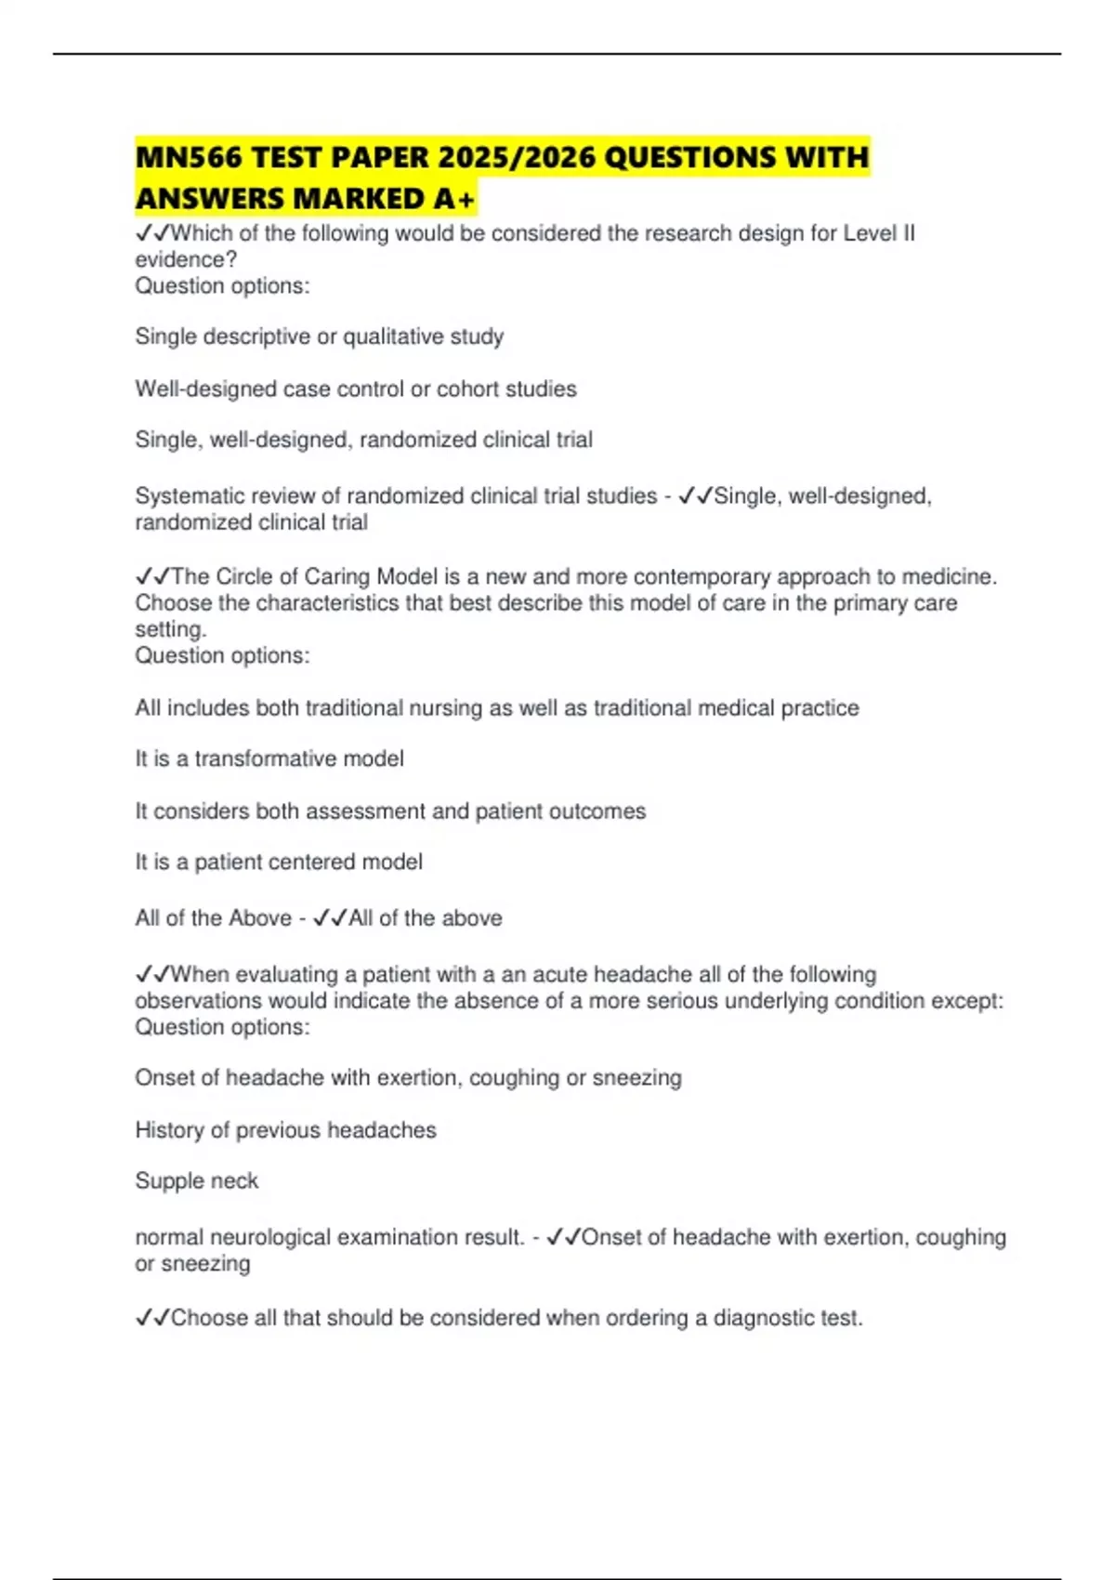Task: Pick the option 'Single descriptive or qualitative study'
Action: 319,336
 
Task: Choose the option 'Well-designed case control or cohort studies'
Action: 355,388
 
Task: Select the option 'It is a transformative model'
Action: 269,759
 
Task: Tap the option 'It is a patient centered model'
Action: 279,862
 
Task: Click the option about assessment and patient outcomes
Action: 390,811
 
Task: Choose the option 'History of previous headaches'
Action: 285,1130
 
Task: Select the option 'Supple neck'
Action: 196,1181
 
